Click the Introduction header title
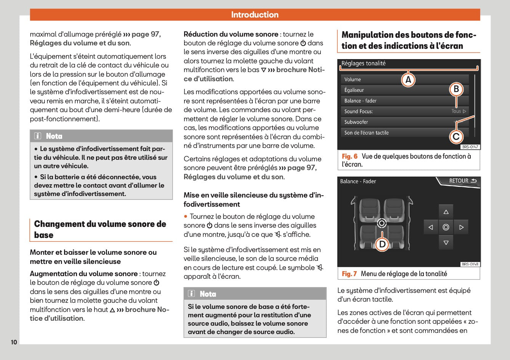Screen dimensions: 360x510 tap(255, 15)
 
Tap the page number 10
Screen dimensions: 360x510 tap(14, 342)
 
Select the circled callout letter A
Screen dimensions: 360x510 tap(408, 80)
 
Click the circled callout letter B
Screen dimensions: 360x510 tap(456, 89)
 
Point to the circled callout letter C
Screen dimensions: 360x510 tap(456, 137)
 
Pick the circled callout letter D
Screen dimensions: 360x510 tap(382, 244)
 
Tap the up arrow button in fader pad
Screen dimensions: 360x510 tap(446, 212)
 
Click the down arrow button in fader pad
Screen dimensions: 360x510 tap(446, 243)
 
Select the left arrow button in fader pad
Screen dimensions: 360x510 tap(431, 227)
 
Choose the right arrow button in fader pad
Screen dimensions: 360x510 tap(461, 227)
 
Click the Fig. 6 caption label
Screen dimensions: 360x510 tap(350, 156)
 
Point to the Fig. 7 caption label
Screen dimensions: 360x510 tap(349, 274)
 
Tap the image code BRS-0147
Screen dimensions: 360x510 tap(470, 147)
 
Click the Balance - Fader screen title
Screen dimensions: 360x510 tap(358, 182)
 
